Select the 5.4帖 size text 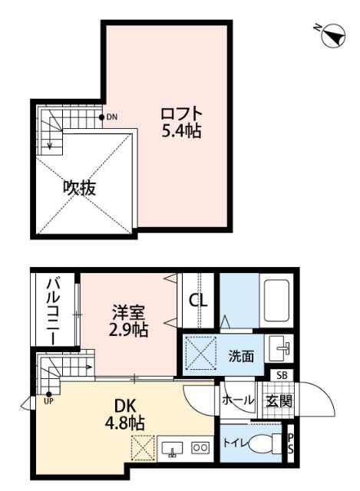point(181,132)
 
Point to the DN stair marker point(111,117)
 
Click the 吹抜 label point(79,187)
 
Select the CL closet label point(198,300)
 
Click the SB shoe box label point(283,374)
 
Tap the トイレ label point(233,443)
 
